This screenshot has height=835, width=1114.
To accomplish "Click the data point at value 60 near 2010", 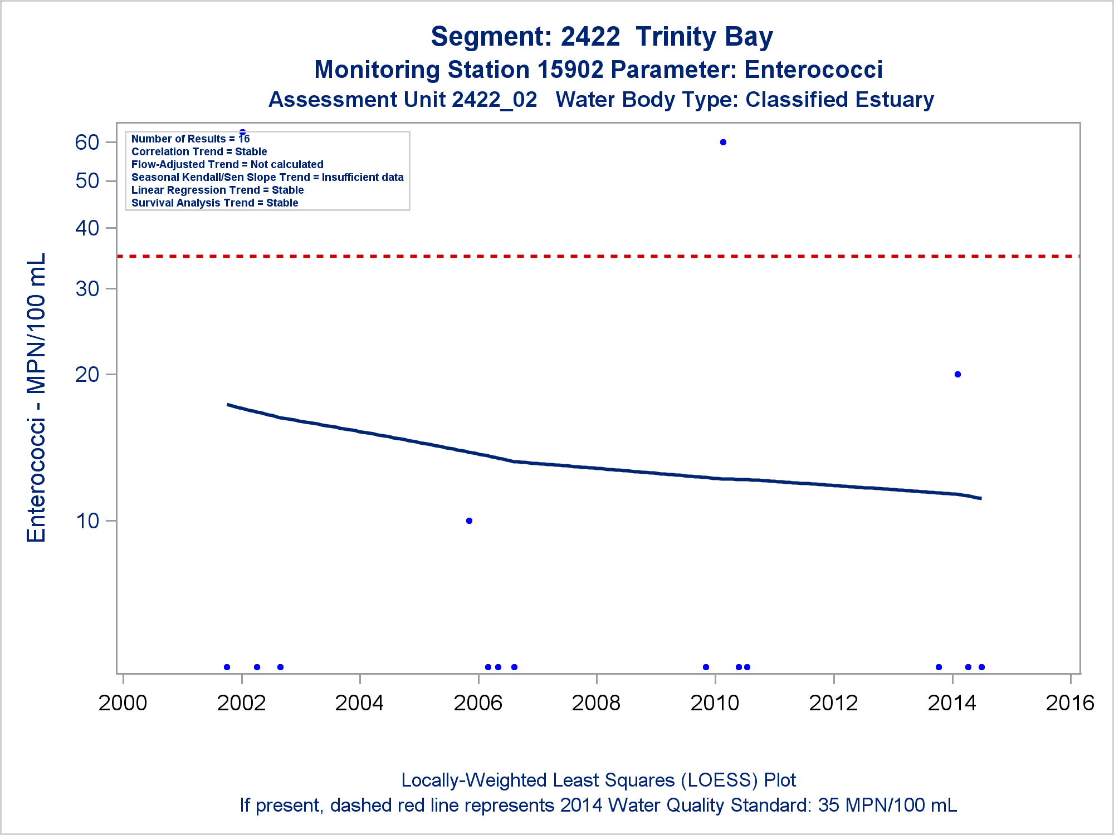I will click(723, 143).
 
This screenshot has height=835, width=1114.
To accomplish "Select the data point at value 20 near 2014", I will click(957, 375).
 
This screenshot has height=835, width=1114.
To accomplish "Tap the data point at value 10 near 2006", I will click(469, 521).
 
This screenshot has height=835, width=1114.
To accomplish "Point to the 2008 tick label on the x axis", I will click(596, 703).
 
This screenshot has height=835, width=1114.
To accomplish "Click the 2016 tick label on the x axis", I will click(1070, 703).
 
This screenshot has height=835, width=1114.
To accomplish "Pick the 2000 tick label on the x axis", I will click(123, 703).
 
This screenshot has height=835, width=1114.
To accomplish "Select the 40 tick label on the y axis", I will click(87, 228).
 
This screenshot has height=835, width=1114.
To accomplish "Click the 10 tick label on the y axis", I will click(87, 521).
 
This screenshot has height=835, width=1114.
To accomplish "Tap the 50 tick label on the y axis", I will click(87, 181).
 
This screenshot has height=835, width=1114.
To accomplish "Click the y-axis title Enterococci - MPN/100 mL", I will click(37, 397).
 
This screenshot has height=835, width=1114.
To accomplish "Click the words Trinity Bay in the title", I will click(704, 37).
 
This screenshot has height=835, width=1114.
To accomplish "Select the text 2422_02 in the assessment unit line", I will click(495, 100).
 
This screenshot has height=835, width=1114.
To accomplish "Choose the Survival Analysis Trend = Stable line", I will click(214, 203).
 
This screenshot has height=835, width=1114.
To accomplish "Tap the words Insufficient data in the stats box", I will click(363, 178).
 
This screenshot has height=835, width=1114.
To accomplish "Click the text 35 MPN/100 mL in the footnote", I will click(887, 805).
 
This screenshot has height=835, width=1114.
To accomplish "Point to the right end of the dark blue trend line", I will click(980, 498).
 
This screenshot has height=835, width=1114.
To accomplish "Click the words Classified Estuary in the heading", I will click(839, 100).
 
